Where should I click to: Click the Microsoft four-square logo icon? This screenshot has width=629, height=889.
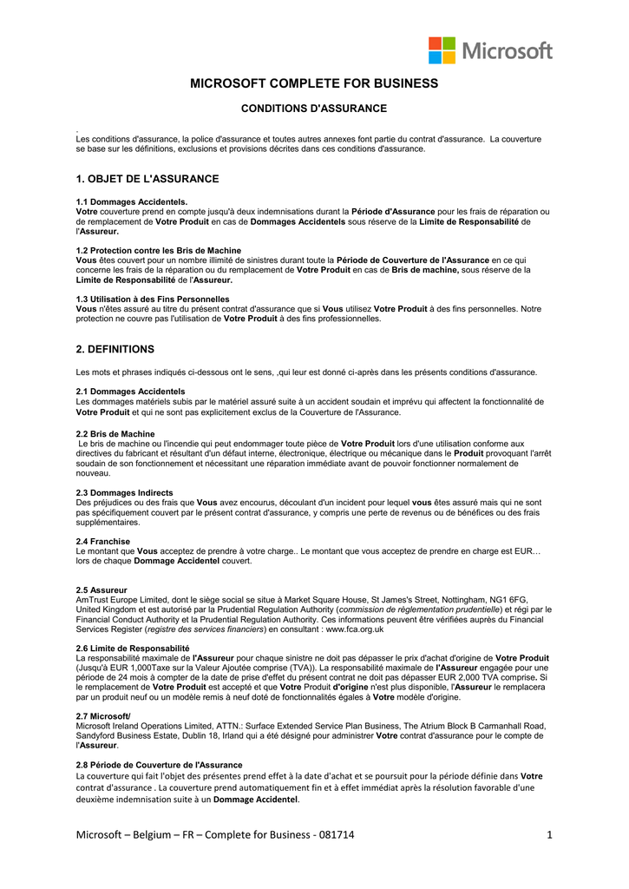click(442, 50)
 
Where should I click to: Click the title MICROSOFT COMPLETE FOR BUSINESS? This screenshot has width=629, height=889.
click(314, 84)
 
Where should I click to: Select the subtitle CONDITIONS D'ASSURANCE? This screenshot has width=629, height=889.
click(313, 109)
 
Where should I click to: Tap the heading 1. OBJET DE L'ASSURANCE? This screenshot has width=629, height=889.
click(147, 179)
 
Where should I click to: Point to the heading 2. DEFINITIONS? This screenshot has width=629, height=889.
click(115, 349)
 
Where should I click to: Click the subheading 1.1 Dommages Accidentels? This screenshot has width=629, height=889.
click(132, 201)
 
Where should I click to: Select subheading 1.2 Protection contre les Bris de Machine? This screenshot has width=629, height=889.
click(159, 251)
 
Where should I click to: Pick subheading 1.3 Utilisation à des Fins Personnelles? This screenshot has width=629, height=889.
click(153, 300)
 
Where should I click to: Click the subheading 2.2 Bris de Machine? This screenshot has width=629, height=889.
click(115, 433)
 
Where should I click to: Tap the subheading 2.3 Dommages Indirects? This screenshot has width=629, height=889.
click(124, 492)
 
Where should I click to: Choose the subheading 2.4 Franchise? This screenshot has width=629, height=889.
click(103, 541)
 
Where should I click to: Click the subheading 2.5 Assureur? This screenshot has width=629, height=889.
click(102, 590)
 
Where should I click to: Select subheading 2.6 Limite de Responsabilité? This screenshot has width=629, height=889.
click(133, 648)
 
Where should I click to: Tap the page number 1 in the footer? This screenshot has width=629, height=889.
click(550, 835)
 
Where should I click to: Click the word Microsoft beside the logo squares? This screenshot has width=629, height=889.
click(507, 50)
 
